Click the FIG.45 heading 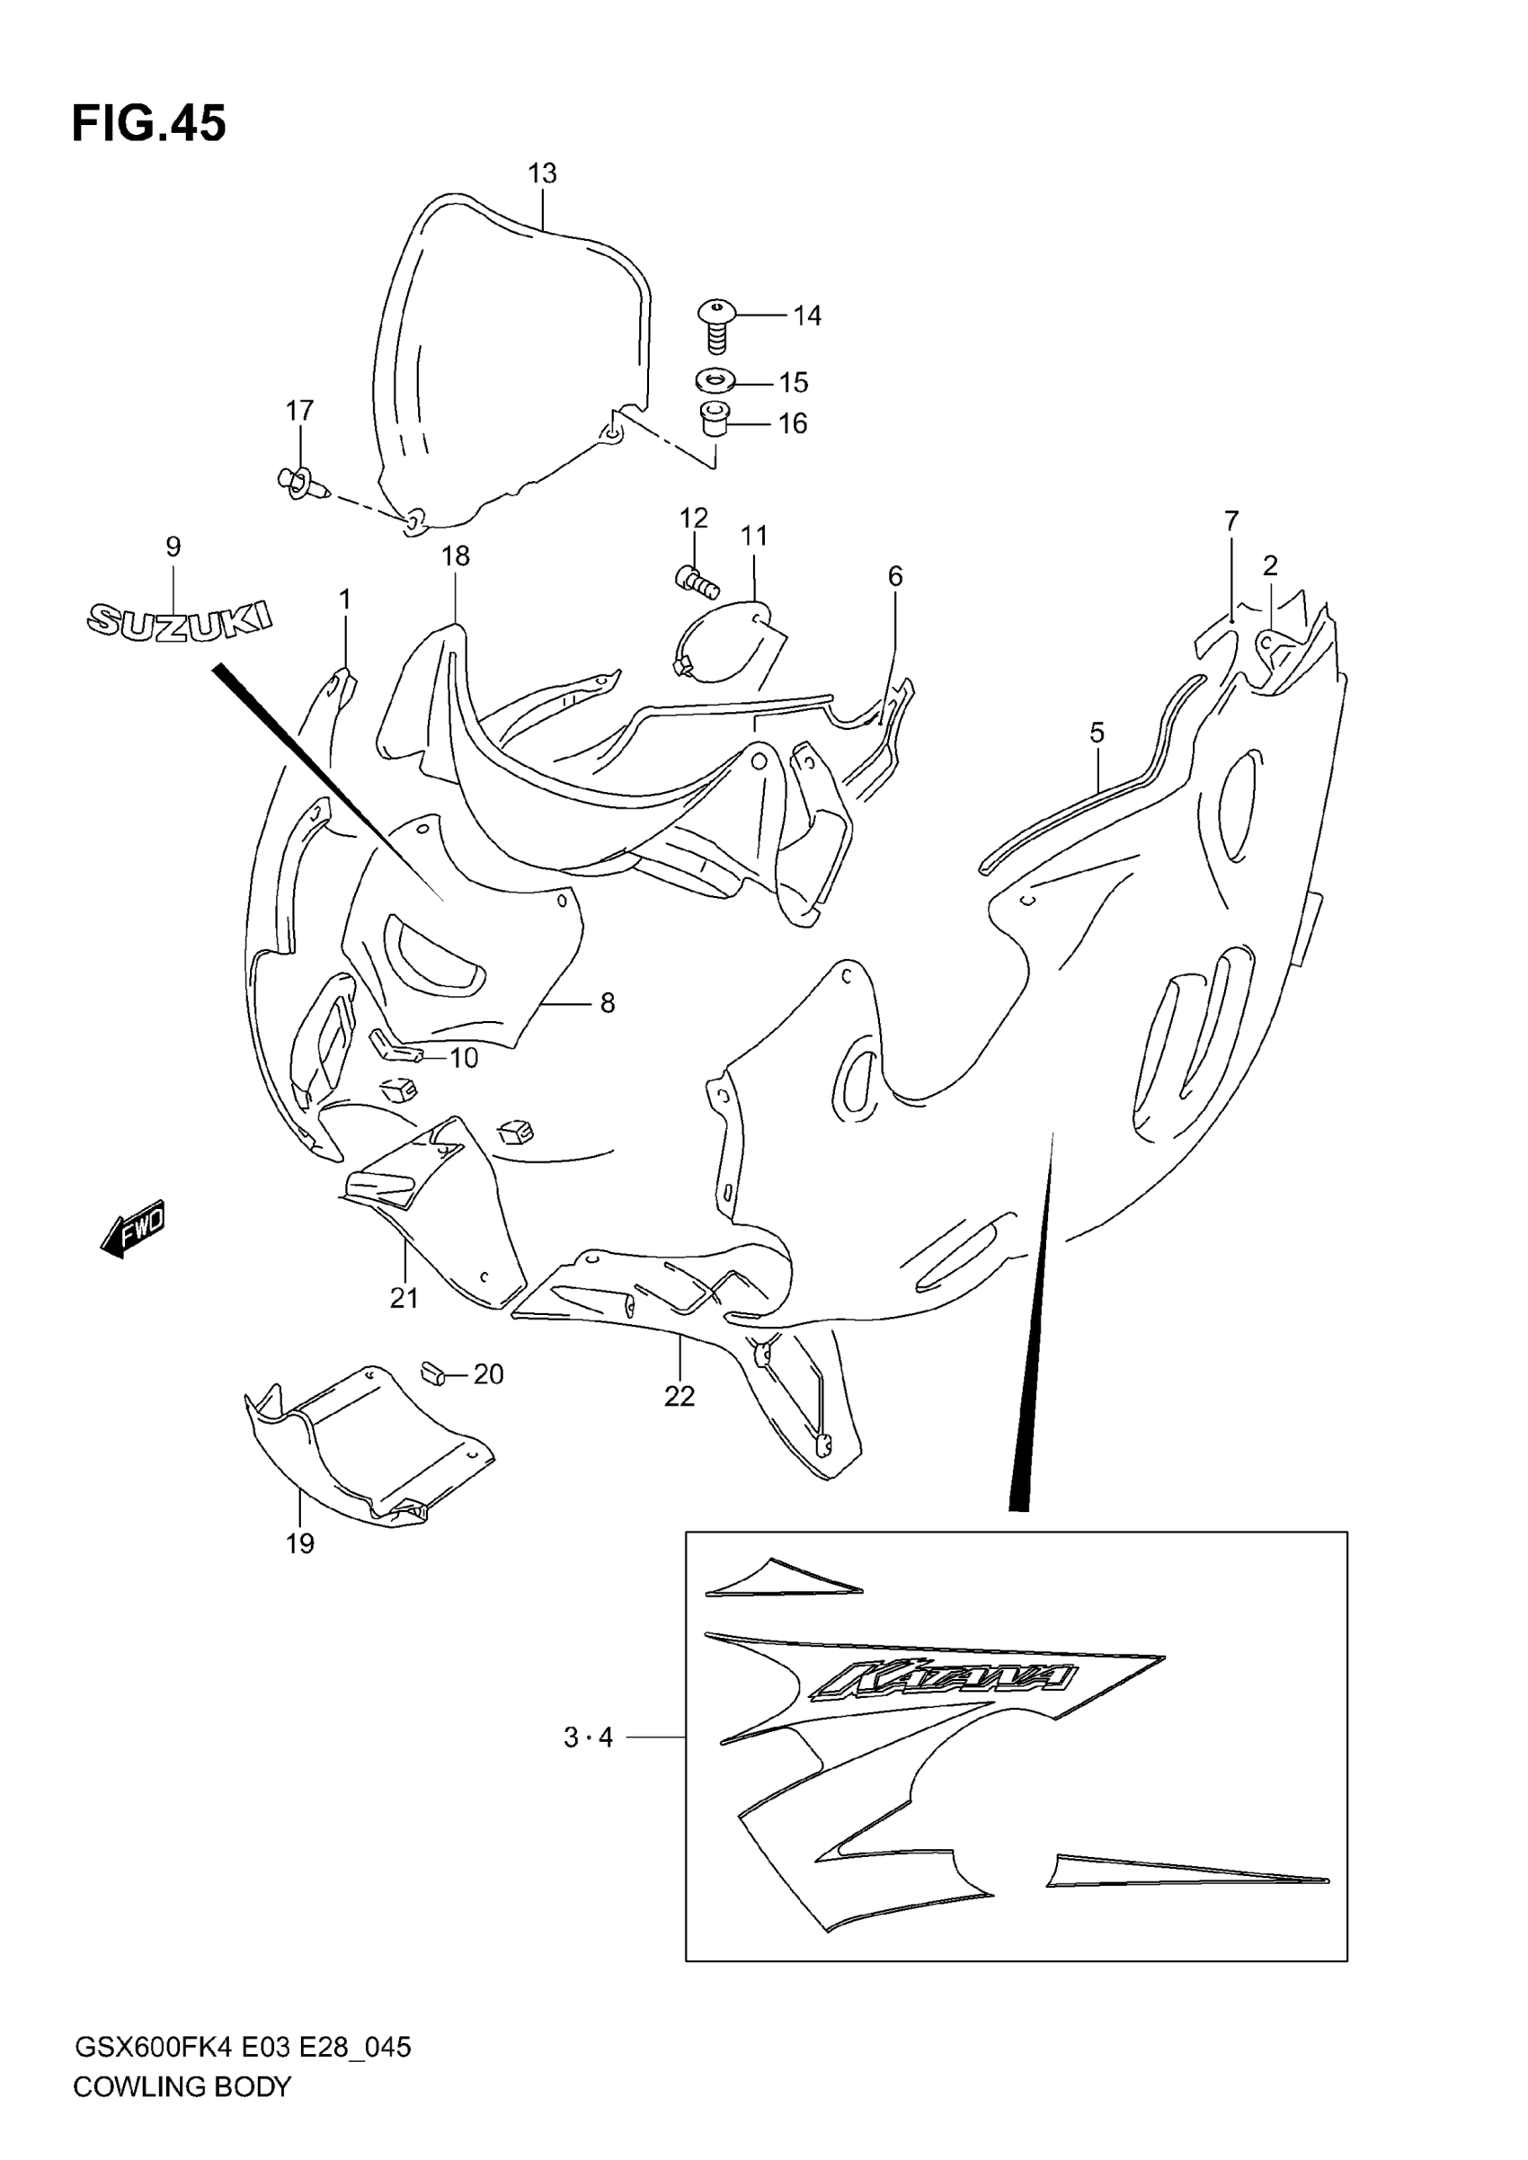point(148,124)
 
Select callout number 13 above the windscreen point(542,173)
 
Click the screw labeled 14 point(717,324)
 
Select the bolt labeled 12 point(697,581)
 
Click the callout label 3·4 point(588,1738)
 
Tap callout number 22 point(680,1397)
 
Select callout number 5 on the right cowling point(1097,732)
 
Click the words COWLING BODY point(182,2086)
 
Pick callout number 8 point(607,1004)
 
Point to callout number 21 point(404,1298)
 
